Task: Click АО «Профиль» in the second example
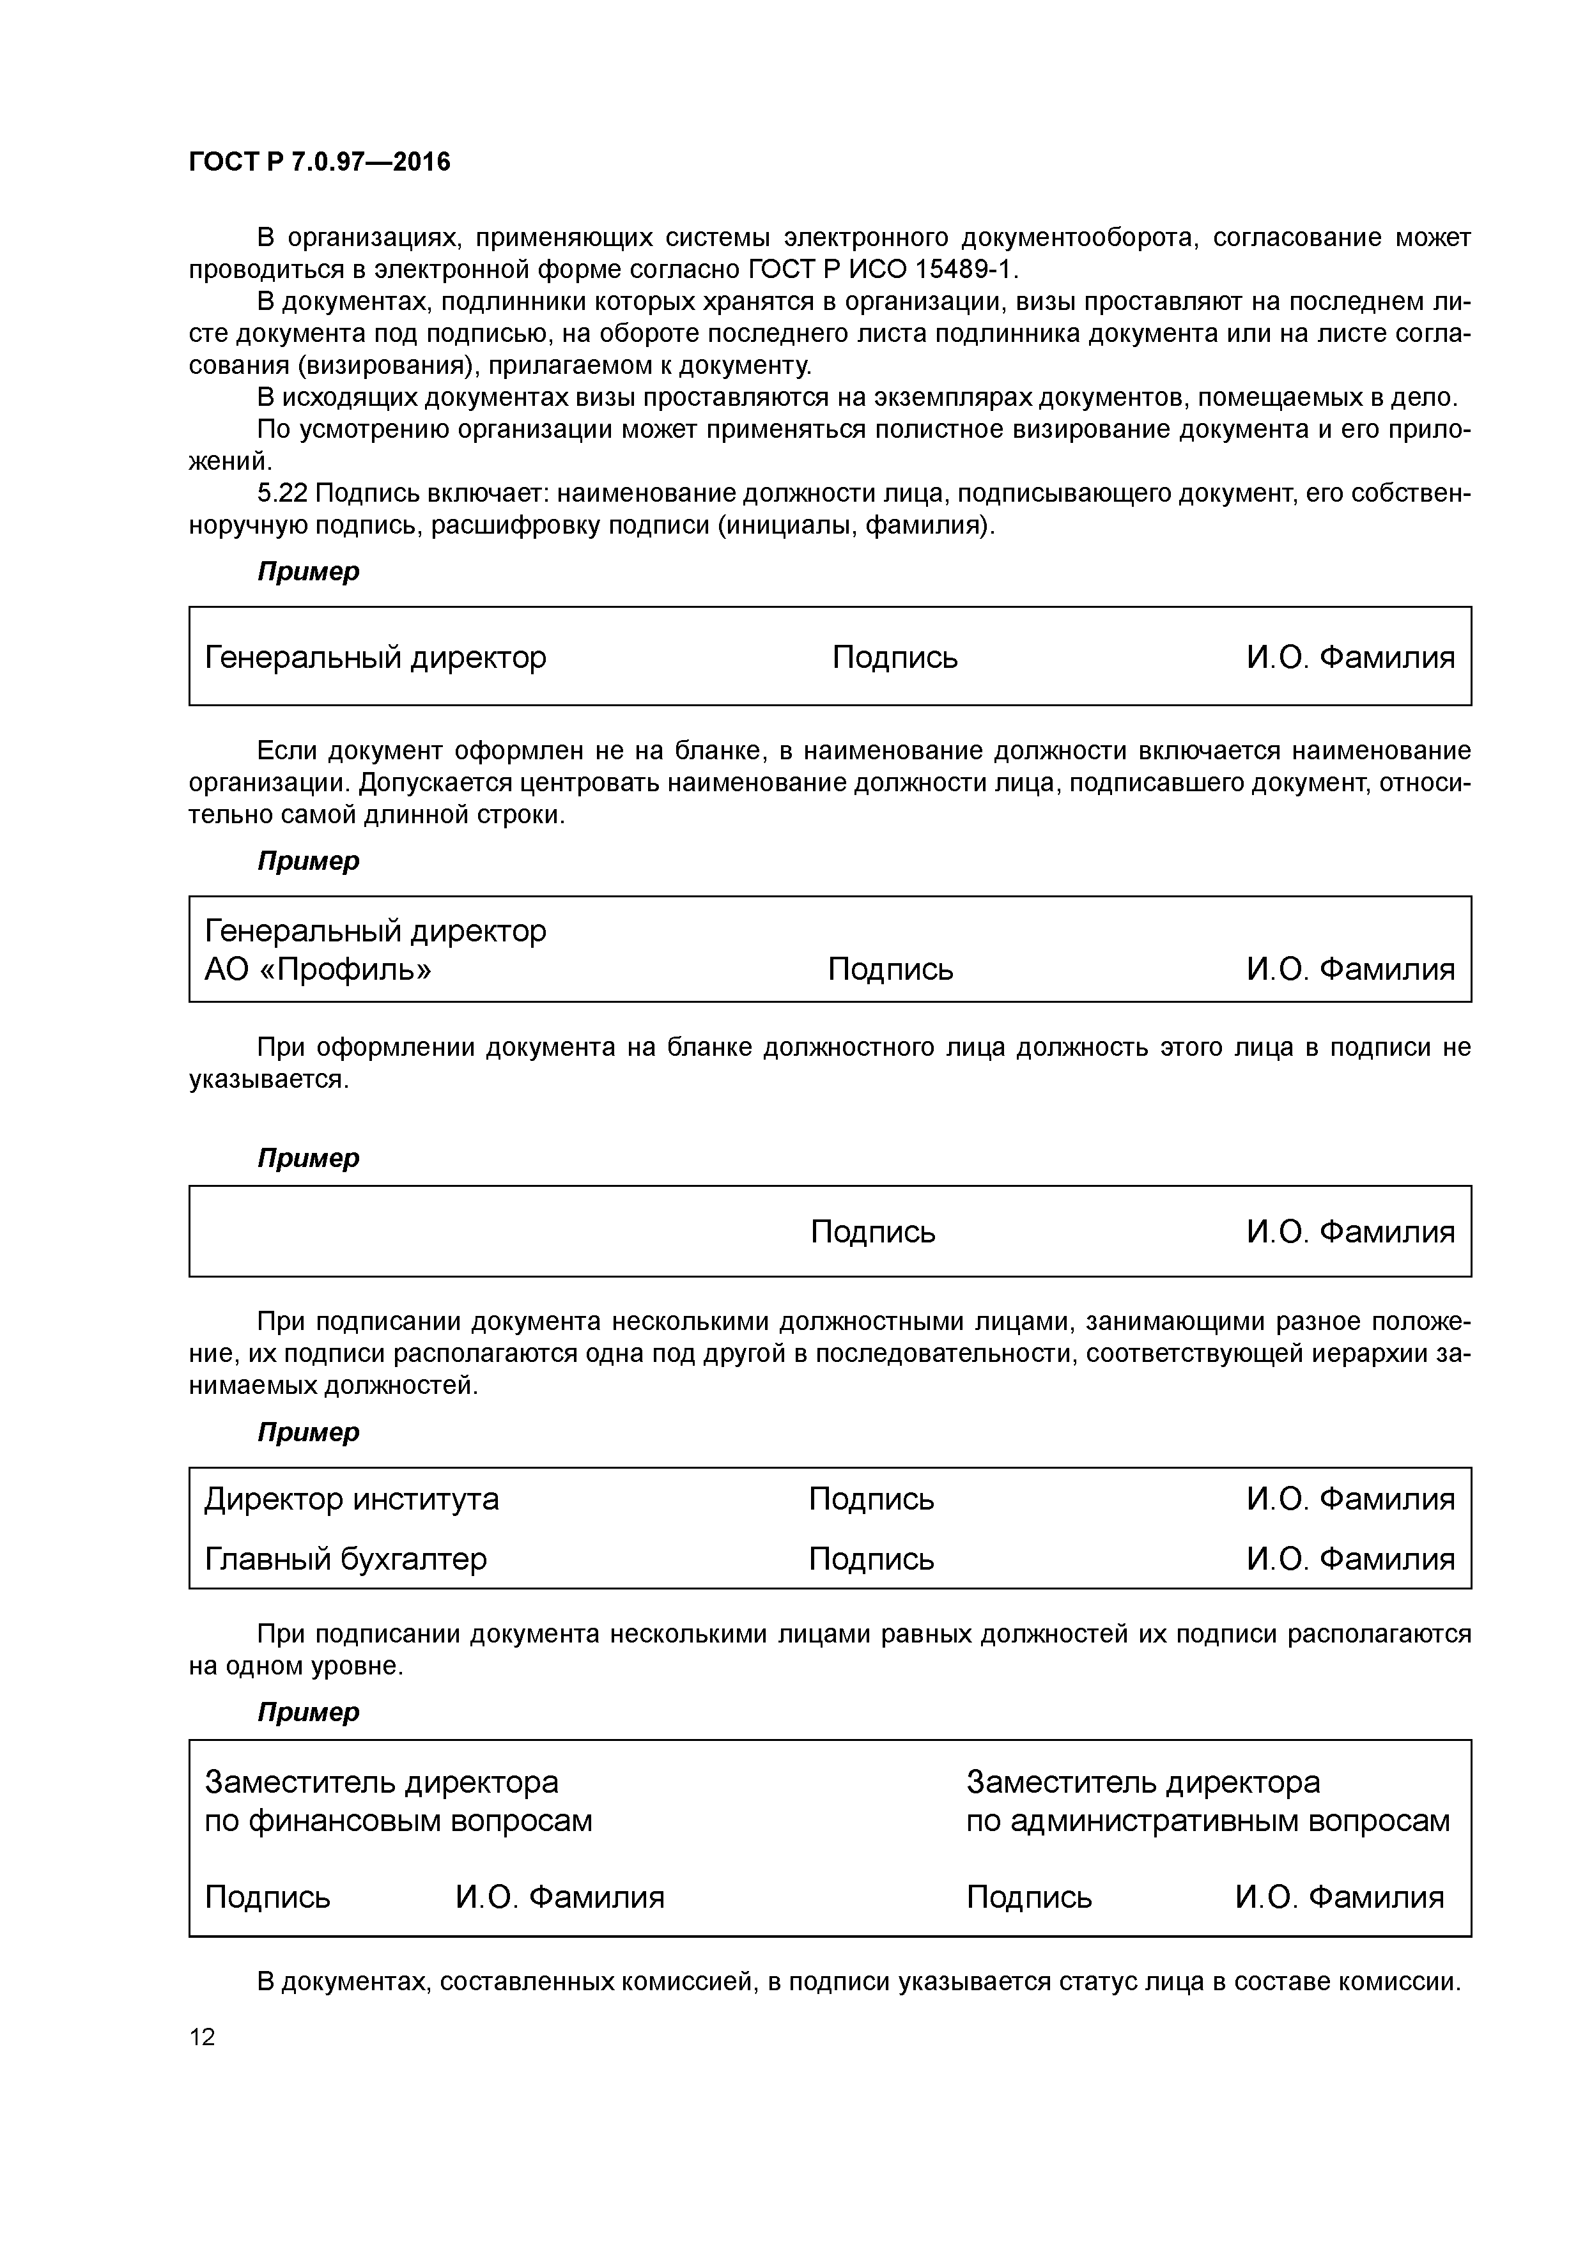click(x=318, y=970)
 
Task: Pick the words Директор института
click(x=352, y=1499)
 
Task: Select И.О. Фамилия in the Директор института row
click(x=1350, y=1499)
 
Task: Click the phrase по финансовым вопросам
click(x=398, y=1821)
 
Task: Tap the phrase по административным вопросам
click(x=1208, y=1821)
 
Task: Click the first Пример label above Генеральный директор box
click(x=309, y=572)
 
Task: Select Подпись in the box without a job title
click(x=873, y=1232)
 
